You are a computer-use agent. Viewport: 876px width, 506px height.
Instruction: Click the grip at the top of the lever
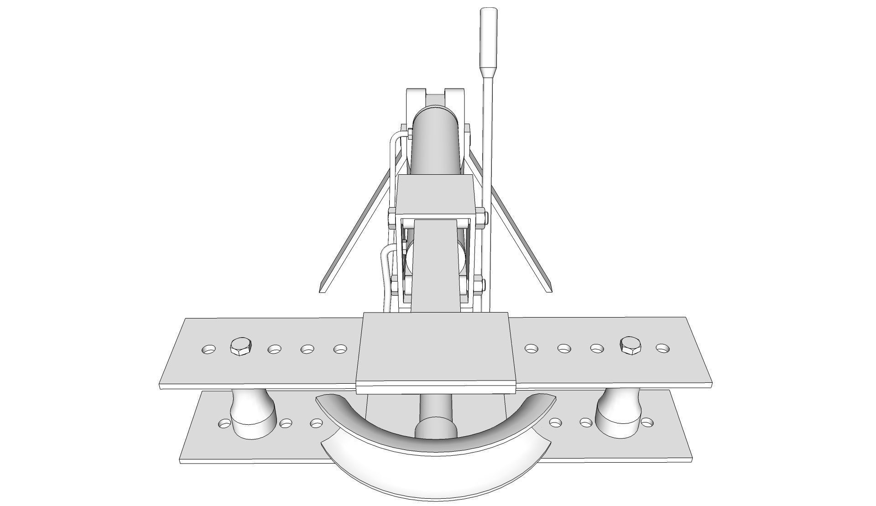click(489, 37)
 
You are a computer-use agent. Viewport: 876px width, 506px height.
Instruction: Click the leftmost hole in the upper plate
click(209, 350)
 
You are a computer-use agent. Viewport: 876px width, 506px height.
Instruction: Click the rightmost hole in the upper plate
click(662, 348)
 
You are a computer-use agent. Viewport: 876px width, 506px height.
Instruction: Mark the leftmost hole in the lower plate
click(224, 424)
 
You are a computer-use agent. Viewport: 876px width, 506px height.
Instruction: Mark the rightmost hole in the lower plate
click(648, 422)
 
